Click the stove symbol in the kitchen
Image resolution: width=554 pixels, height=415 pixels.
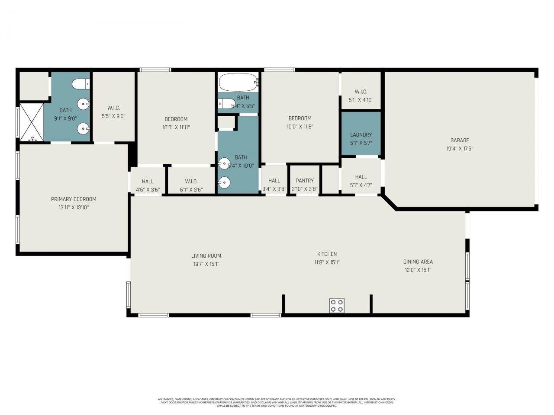pos(336,305)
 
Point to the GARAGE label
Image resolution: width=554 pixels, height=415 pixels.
pos(460,140)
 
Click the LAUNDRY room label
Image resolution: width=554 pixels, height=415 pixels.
pos(361,135)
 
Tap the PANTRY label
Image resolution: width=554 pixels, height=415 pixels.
pos(305,181)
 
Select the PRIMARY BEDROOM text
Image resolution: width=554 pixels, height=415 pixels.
pos(74,199)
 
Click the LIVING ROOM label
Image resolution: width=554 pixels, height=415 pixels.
pos(206,255)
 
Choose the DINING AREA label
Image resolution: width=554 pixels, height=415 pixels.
pos(418,262)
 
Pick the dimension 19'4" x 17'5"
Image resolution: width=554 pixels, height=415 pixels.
pos(460,149)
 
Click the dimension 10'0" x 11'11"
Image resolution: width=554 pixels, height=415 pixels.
pos(176,128)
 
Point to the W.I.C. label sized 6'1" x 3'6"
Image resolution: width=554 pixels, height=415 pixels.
pos(191,182)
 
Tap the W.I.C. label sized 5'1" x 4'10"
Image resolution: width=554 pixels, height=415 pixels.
pos(361,92)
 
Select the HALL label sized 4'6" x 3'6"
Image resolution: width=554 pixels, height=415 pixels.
pos(148,182)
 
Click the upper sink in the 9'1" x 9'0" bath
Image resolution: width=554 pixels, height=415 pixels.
pos(83,104)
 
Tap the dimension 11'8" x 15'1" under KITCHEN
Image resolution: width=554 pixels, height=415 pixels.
pos(327,262)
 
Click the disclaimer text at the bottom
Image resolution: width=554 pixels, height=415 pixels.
pos(277,402)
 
